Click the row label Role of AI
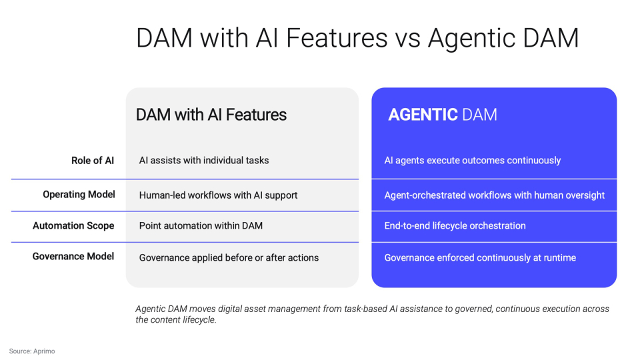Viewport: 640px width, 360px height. [x=93, y=161]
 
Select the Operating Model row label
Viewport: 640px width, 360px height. [x=79, y=195]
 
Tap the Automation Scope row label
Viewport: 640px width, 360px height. [x=73, y=226]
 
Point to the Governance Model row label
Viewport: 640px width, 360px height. [x=73, y=257]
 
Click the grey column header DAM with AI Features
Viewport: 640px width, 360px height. [x=211, y=115]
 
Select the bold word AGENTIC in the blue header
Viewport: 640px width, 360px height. [x=423, y=115]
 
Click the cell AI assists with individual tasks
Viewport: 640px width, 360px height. [x=204, y=161]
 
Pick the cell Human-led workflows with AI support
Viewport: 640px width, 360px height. [x=218, y=195]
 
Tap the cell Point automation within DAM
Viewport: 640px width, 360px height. [x=201, y=226]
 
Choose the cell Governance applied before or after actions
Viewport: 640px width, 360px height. [x=229, y=257]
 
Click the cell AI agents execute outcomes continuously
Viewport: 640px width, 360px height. [x=473, y=161]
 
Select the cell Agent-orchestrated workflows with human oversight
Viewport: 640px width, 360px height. [x=495, y=195]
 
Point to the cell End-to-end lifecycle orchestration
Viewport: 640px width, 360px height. [x=455, y=226]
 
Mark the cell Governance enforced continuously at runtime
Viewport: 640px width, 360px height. [x=480, y=257]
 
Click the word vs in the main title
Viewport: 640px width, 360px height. [x=407, y=38]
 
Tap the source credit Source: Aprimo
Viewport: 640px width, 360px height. [x=32, y=351]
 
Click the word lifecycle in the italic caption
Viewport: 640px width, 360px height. [x=198, y=320]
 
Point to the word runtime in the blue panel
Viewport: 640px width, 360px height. [x=558, y=257]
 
